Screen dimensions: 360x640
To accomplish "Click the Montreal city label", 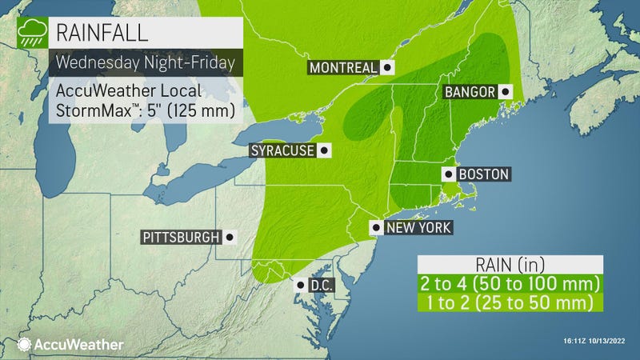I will [342, 68].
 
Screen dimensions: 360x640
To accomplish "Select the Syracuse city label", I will [282, 150].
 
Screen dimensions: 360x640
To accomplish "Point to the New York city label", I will [418, 228].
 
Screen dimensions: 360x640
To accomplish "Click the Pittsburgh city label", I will [182, 237].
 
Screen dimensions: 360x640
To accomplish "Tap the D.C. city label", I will [322, 285].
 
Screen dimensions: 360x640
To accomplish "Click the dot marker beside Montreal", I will [386, 68].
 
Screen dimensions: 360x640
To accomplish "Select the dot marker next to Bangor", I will [505, 92].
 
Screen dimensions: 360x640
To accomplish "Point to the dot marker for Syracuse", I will [324, 150].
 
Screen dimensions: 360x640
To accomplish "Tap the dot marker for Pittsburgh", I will [230, 237].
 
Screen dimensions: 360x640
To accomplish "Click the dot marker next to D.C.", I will [299, 285].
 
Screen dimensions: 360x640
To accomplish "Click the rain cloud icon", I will [33, 34].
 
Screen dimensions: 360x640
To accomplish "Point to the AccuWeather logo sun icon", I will [23, 345].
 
